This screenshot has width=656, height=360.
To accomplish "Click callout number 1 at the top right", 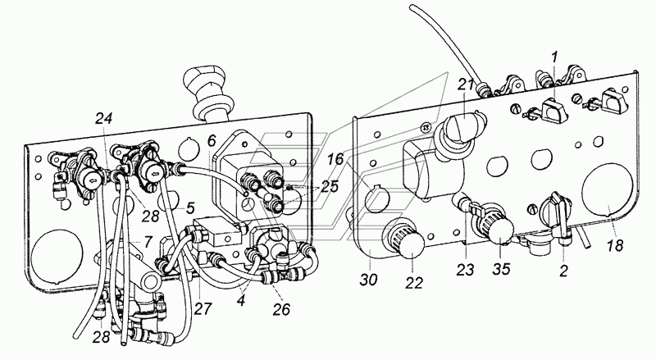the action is click(x=555, y=57).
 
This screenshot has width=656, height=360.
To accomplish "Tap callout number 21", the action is click(x=466, y=86).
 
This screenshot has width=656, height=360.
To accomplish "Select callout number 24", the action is click(x=103, y=118).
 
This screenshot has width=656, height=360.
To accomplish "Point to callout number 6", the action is click(x=212, y=141).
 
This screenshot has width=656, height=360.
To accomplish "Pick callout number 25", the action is click(x=330, y=186).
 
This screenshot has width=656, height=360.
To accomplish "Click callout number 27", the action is click(x=203, y=309).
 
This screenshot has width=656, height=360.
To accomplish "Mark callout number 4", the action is click(x=240, y=301).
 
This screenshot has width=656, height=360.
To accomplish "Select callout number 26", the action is click(x=281, y=310).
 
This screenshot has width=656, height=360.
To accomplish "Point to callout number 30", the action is click(x=368, y=279).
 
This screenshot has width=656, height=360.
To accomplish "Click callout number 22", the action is click(x=414, y=283).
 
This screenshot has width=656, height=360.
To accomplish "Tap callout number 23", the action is click(x=465, y=270).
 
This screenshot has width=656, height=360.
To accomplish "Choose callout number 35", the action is click(x=501, y=269).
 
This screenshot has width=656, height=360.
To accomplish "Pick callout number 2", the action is click(x=563, y=271).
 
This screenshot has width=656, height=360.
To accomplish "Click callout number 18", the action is click(x=615, y=245).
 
